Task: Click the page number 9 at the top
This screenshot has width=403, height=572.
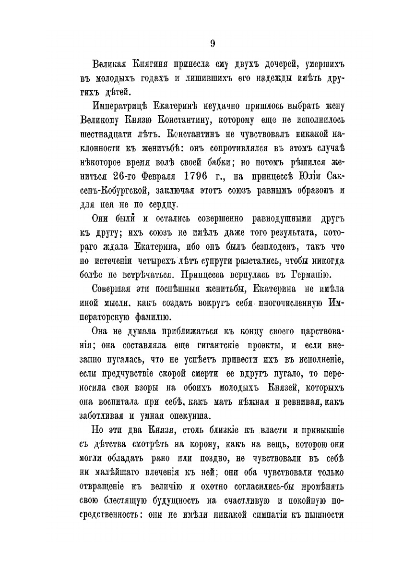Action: pyautogui.click(x=212, y=43)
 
